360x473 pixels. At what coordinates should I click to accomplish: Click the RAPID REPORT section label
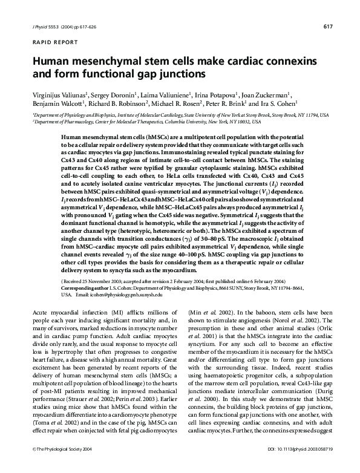pos(50,42)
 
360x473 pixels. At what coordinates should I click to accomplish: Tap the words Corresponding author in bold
pos(85,288)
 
